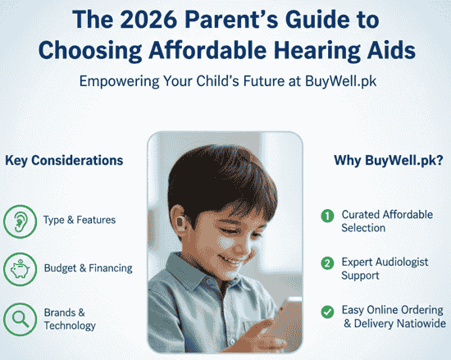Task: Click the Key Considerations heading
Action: [x=65, y=160]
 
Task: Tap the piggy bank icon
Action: [x=20, y=268]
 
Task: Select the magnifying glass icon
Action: [x=20, y=317]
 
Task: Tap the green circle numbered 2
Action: [x=326, y=263]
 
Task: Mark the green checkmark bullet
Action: [x=326, y=311]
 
